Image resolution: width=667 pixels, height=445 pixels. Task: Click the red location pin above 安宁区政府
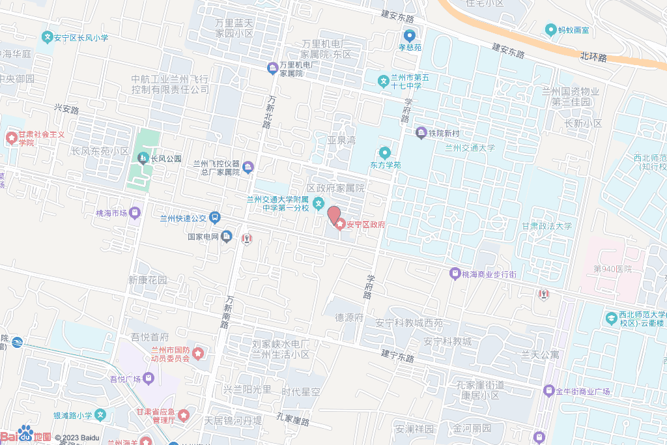(333, 215)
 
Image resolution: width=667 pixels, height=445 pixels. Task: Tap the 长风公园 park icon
(143, 158)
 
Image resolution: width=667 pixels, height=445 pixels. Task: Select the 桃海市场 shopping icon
(135, 212)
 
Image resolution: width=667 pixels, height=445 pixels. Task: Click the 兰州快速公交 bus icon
(215, 218)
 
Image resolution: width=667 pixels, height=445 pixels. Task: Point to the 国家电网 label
(203, 237)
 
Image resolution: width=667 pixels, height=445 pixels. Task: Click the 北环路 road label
(593, 57)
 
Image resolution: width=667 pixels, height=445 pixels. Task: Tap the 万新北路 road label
(269, 111)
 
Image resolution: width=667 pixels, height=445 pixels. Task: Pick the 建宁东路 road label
(398, 356)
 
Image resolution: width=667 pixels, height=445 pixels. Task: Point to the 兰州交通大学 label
(470, 148)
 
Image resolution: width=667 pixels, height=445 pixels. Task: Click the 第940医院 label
(612, 268)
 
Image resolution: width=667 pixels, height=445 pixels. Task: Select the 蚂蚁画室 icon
(550, 29)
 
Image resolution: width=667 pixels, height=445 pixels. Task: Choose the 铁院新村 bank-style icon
(421, 133)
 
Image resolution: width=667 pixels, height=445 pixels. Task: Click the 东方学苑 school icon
(385, 152)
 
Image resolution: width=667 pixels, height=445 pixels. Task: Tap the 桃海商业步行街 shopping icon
(454, 274)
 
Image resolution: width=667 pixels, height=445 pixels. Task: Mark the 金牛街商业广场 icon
(548, 391)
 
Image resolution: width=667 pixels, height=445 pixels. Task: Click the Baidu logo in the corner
(26, 435)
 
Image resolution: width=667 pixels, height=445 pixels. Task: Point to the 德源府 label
(348, 317)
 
